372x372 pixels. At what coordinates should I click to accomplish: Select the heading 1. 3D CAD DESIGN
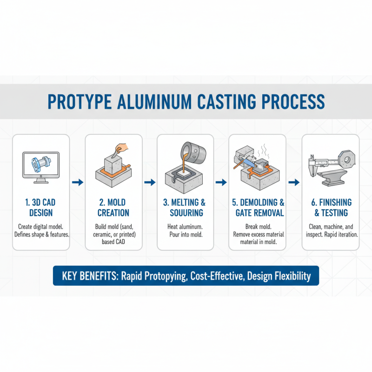[41, 207]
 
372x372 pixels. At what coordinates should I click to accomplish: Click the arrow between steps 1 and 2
[78, 183]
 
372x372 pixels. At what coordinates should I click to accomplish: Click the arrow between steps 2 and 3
[150, 183]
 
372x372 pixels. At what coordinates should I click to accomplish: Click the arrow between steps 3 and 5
[222, 183]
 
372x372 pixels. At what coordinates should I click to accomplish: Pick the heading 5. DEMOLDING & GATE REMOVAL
[258, 207]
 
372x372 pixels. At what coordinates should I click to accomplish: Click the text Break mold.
[258, 226]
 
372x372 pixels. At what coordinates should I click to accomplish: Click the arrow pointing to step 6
[294, 183]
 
